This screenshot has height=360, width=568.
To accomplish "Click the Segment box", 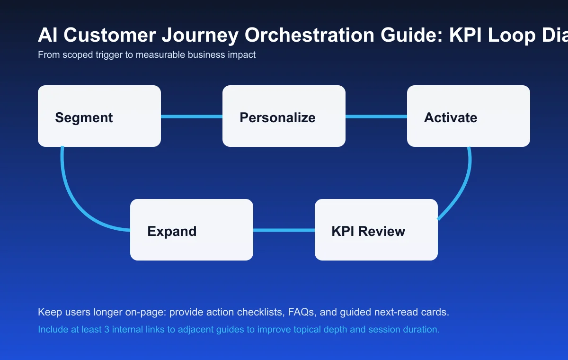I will pyautogui.click(x=99, y=116).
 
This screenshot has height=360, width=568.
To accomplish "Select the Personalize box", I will pyautogui.click(x=284, y=116).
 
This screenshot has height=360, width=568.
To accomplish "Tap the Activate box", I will pyautogui.click(x=469, y=116).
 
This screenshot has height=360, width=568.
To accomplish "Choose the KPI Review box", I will pyautogui.click(x=376, y=230).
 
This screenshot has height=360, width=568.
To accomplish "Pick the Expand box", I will pyautogui.click(x=192, y=230).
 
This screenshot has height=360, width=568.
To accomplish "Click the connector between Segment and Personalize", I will pyautogui.click(x=192, y=117).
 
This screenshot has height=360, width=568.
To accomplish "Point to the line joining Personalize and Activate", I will pyautogui.click(x=376, y=117).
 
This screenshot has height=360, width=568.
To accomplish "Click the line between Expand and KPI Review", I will pyautogui.click(x=284, y=230).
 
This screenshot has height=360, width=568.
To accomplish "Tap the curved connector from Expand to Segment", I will pyautogui.click(x=76, y=199).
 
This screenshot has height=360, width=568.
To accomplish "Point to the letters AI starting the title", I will pyautogui.click(x=46, y=36).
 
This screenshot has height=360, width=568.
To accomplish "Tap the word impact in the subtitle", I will pyautogui.click(x=242, y=55).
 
